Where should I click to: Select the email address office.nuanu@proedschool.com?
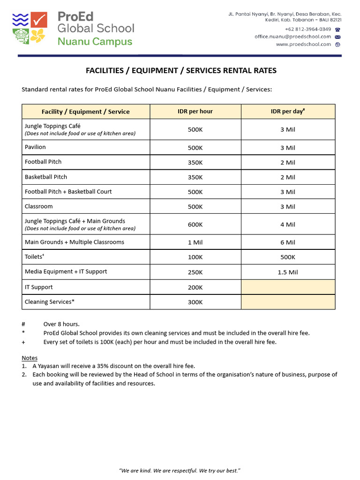[292, 37]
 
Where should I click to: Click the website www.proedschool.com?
[303, 45]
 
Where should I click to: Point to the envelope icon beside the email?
[337, 37]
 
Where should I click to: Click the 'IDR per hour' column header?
[195, 112]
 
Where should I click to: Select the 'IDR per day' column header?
[288, 112]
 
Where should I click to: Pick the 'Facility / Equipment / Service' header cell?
[85, 112]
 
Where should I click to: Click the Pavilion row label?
[35, 147]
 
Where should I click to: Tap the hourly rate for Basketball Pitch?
[195, 177]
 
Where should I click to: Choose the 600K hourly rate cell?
[195, 225]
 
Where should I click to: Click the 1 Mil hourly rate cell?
[195, 242]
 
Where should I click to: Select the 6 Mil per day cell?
[288, 242]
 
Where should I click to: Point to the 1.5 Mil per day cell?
[288, 272]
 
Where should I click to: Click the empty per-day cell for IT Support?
[288, 287]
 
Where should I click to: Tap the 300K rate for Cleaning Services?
[195, 302]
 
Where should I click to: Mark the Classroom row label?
[39, 206]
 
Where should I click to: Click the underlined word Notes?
[30, 358]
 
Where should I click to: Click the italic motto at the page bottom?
[180, 470]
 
